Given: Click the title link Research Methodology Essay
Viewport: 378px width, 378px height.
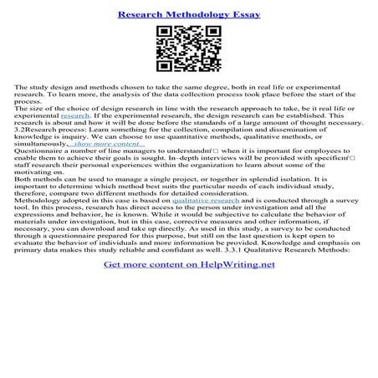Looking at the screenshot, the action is pyautogui.click(x=188, y=15).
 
